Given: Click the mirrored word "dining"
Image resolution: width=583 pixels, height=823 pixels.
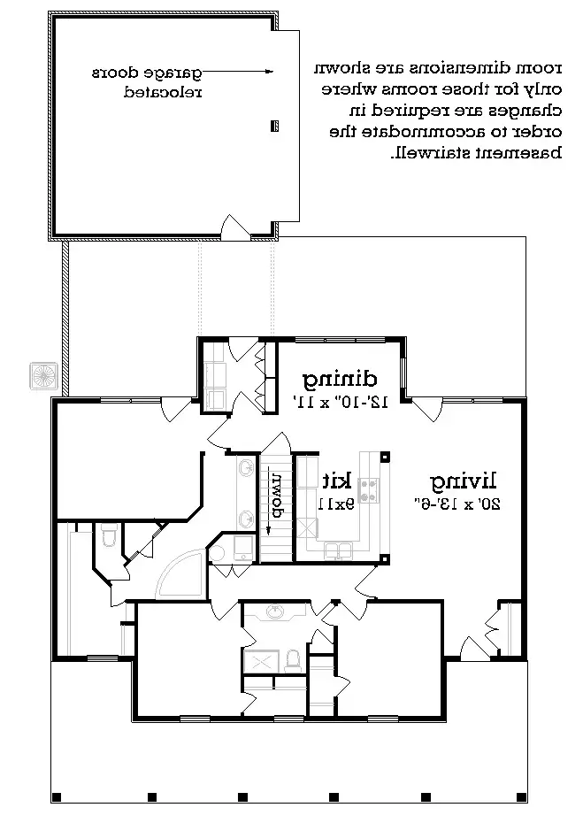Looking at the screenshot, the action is click(x=340, y=380).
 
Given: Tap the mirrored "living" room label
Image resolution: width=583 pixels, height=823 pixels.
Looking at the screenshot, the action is click(x=464, y=481).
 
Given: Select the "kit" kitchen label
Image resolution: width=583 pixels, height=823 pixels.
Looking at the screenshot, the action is click(x=336, y=481).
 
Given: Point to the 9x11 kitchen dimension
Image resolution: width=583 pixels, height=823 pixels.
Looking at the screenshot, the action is click(x=336, y=504).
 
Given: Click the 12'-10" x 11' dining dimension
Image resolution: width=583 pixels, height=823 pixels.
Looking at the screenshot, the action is click(x=341, y=402).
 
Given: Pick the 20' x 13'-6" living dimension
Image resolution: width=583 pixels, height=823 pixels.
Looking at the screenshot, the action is click(x=457, y=504).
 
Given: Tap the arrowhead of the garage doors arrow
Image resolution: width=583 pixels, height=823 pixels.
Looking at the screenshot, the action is click(x=270, y=72).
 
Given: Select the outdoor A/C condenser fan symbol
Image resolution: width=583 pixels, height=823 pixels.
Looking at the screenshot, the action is click(x=43, y=376).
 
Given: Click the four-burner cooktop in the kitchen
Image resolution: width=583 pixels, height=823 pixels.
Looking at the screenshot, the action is click(x=368, y=491).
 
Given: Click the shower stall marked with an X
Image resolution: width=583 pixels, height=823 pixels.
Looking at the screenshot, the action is click(x=261, y=661).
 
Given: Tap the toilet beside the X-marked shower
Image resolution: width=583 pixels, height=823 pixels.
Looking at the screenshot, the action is click(x=292, y=661).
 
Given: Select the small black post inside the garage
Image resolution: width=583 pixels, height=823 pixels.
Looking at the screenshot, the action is click(x=274, y=126).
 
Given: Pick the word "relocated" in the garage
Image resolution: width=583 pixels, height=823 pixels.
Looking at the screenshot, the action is click(x=163, y=93).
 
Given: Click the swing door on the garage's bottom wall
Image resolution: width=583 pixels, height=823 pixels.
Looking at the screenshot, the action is click(x=234, y=227).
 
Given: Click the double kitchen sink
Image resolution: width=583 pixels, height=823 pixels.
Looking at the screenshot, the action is click(x=339, y=550).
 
